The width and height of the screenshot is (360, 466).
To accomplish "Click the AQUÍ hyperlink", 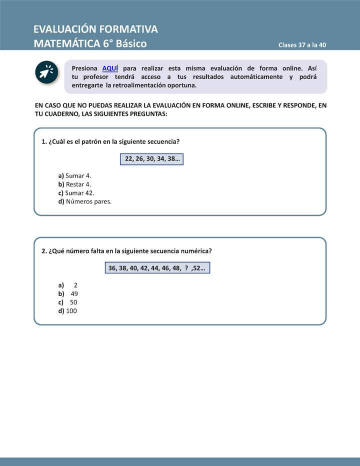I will point(110,68).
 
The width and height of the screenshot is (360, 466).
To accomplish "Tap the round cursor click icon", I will point(46,72).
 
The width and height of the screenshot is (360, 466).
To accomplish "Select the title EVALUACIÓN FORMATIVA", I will point(95,29).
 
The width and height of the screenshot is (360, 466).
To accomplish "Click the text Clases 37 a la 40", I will point(302,45).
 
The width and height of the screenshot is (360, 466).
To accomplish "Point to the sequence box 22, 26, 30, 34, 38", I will point(152,159).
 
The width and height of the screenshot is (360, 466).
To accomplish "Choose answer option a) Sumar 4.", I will point(74,175).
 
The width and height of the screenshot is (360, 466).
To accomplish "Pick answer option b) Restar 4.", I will point(74,184).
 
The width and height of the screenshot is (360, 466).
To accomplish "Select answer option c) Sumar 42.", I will point(76,192).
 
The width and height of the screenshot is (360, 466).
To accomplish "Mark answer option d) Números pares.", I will point(84,201).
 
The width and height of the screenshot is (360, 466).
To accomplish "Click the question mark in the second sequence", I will point(186,268).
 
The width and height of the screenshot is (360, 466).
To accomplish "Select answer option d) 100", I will point(67,310).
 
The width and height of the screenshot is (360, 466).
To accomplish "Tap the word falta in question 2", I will point(98,250).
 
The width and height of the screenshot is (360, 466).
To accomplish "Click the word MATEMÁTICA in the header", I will point(67,43).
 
